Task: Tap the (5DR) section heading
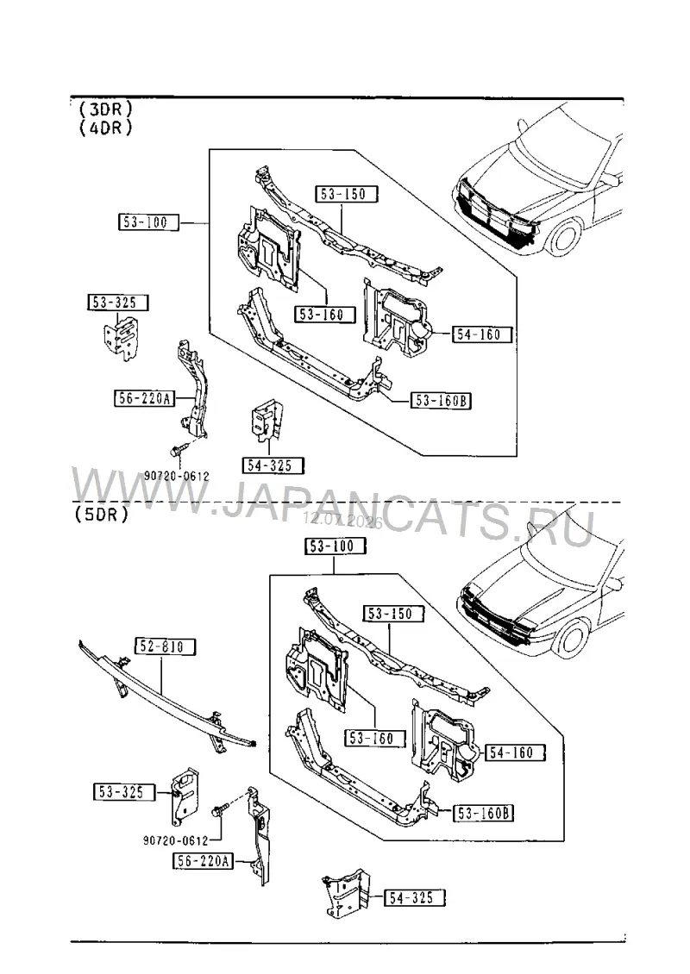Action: point(102,515)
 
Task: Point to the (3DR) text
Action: point(106,109)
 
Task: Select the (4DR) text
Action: point(106,128)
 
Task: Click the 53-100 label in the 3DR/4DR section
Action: point(148,222)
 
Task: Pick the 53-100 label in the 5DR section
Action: point(335,546)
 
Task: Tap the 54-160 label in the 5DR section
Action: point(515,752)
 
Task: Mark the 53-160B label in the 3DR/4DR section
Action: point(441,401)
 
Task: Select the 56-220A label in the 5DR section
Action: point(203,861)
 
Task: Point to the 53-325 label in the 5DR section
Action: point(124,792)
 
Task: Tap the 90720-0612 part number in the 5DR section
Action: point(176,840)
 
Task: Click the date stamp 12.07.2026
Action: point(342,521)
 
